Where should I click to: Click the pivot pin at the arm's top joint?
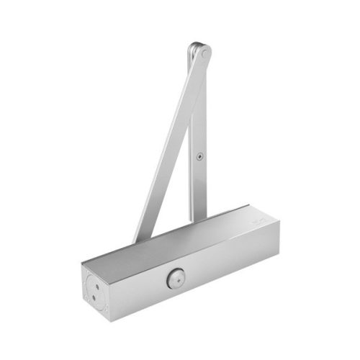(204, 53)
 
